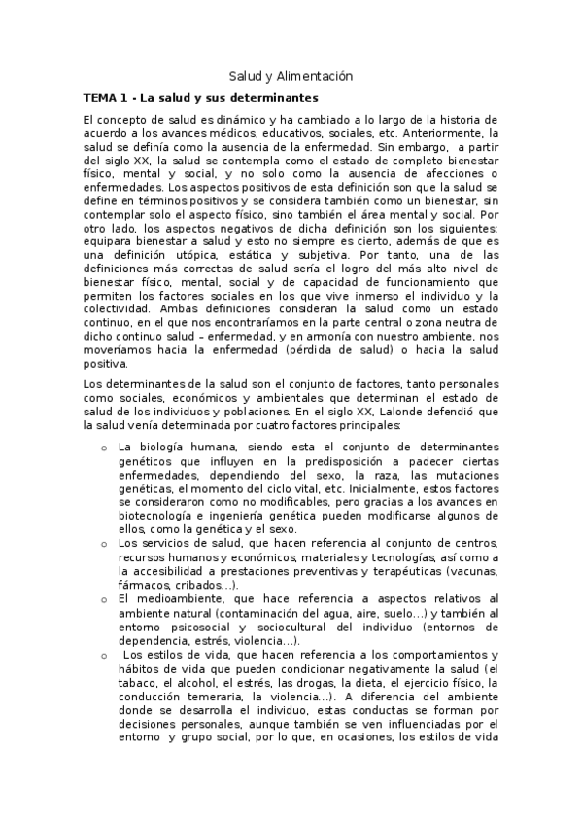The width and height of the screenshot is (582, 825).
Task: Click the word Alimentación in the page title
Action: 315,76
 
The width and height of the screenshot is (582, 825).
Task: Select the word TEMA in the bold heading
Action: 99,98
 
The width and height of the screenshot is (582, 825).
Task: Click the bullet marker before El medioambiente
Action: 104,598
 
